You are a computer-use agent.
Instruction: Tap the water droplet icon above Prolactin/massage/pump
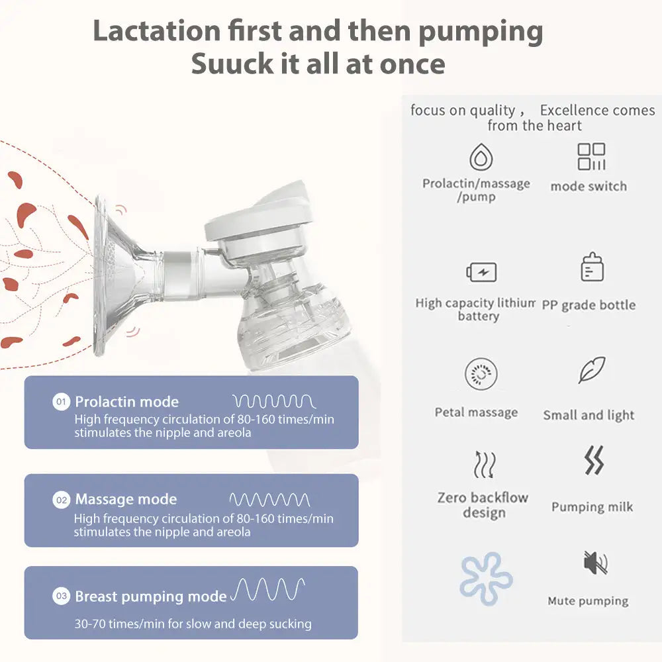pos(481,158)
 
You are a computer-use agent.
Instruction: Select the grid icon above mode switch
pos(591,157)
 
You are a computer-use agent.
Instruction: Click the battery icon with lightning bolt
pos(481,272)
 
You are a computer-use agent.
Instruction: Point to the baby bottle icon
pos(592,267)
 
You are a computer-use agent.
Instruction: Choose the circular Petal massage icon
pos(481,375)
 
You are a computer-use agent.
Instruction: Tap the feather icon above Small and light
pos(591,370)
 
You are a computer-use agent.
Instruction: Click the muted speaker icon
pos(594,563)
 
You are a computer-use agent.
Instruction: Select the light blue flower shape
pos(487,579)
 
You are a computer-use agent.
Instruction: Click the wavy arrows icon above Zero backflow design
pos(484,465)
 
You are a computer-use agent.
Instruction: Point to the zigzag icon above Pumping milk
pos(594,461)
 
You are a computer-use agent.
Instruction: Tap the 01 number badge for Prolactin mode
pos(61,402)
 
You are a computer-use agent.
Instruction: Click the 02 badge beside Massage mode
pos(61,500)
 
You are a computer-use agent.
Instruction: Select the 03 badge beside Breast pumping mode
pos(61,596)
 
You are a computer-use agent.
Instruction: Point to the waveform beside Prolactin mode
pos(273,401)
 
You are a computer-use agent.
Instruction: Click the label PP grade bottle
pos(589,305)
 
